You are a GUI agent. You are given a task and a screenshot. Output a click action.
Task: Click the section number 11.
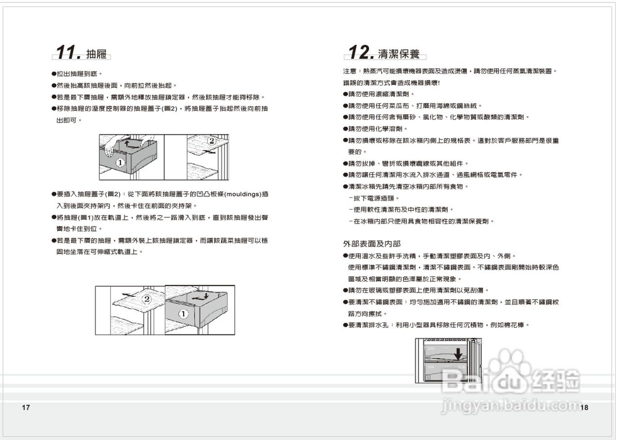68,52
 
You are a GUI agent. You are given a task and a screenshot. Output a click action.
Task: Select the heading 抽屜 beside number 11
96,54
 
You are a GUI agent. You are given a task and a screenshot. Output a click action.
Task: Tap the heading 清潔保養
399,53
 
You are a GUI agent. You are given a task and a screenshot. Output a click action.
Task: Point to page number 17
26,408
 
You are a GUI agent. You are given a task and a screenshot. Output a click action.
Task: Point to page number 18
584,408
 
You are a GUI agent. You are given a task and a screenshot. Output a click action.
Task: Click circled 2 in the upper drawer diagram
211,141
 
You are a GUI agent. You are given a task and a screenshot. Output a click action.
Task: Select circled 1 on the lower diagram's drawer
183,314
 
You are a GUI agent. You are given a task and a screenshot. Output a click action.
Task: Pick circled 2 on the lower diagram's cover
146,299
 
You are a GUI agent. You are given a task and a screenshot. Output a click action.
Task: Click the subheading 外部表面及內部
372,243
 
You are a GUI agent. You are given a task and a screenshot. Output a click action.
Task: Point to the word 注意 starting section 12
350,71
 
